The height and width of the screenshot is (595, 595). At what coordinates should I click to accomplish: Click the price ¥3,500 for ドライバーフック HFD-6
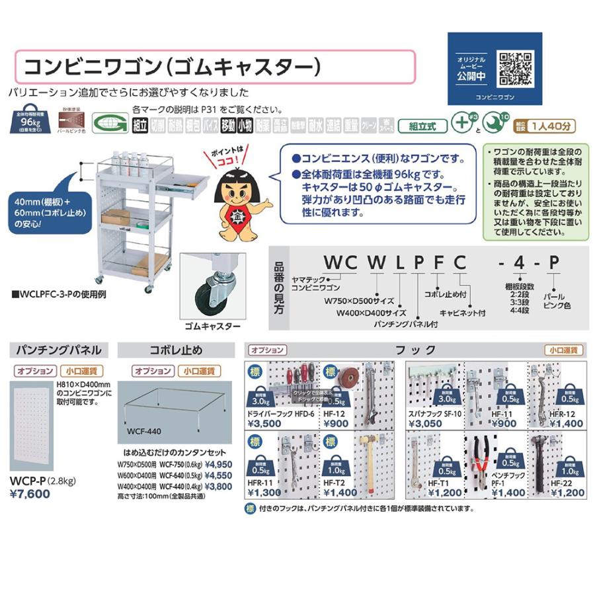click(264, 424)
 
